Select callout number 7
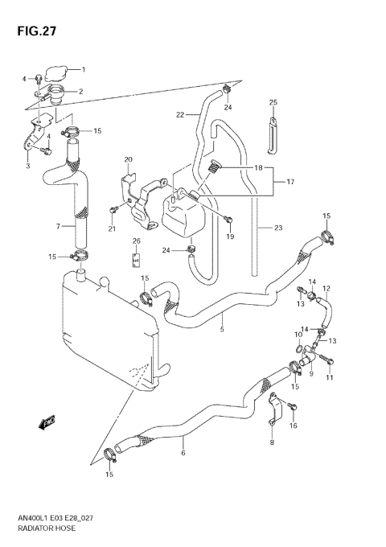click(x=58, y=227)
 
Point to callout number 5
click(x=221, y=328)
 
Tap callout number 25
click(x=273, y=102)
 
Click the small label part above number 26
click(x=136, y=260)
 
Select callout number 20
click(x=128, y=159)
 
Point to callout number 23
click(x=278, y=228)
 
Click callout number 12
click(x=326, y=288)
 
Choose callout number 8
click(x=271, y=443)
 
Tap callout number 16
click(x=294, y=426)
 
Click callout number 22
click(x=180, y=115)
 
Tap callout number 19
click(x=229, y=237)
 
